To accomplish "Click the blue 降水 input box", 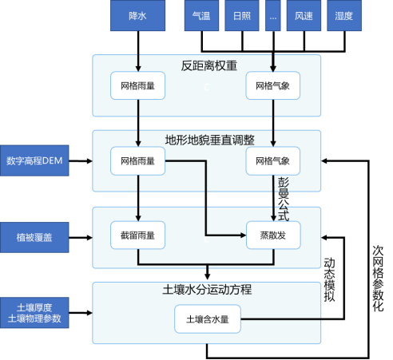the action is (x=137, y=15).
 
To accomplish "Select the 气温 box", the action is (x=201, y=15).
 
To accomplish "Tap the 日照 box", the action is (x=242, y=15).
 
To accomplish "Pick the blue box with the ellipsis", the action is (x=273, y=15).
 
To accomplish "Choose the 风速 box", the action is (x=304, y=15).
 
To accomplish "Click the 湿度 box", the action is (x=344, y=15).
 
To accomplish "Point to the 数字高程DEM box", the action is (x=34, y=160).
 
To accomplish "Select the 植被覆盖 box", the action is (x=34, y=237).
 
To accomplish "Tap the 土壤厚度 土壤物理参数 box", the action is (x=34, y=313).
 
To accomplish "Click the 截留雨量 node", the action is (x=137, y=235).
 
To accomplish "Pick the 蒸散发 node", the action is (x=273, y=235).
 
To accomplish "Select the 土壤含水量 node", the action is (x=208, y=319).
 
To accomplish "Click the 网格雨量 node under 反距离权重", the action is (x=137, y=85).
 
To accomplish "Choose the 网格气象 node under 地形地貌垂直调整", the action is (x=273, y=160).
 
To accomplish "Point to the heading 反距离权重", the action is (x=209, y=65).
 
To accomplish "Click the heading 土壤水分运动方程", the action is (x=207, y=290).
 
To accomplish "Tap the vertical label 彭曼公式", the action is (x=284, y=199).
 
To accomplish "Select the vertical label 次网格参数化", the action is (x=378, y=279).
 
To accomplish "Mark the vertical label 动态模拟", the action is (x=329, y=279).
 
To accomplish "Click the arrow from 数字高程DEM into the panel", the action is (x=81, y=160).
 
